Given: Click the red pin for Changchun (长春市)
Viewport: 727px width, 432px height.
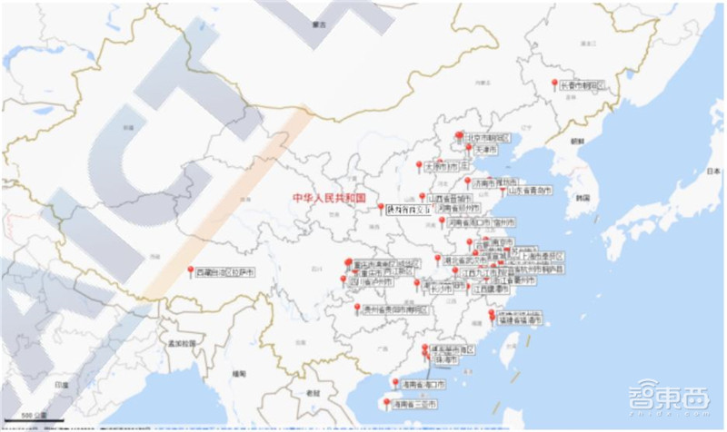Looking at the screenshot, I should (554, 83).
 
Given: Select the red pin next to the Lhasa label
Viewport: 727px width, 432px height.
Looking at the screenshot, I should (191, 270).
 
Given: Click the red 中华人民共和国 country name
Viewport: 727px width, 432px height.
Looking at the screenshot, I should (328, 198).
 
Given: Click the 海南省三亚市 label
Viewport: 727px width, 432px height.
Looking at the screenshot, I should (414, 404).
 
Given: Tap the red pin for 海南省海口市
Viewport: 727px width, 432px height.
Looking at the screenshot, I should (394, 382).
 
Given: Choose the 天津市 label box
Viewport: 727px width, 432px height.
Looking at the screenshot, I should (482, 149).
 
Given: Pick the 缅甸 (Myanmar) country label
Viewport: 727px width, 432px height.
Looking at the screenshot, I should (239, 373).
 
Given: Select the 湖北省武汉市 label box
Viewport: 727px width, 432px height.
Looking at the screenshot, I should (470, 259).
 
